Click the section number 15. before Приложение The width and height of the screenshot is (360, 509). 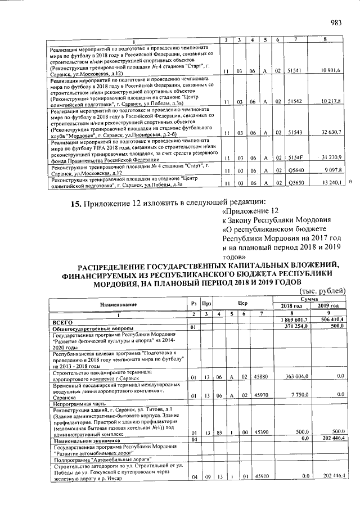click(x=76, y=203)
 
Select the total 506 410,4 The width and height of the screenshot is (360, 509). click(x=331, y=320)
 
